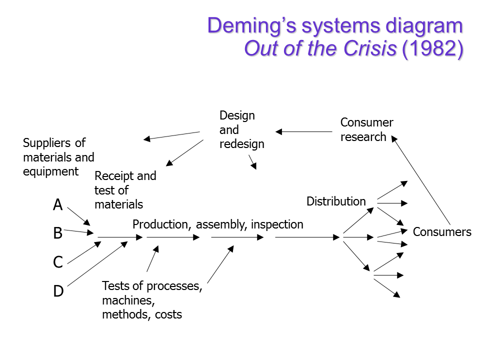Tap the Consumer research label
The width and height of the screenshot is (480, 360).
pos(366,129)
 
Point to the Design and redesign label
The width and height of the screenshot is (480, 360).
pos(241,129)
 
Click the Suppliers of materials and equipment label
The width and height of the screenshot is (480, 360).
pos(58,157)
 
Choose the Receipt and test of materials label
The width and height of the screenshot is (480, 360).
pos(125,190)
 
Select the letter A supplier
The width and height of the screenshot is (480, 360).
pos(58,204)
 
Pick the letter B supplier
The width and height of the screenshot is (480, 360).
pos(58,233)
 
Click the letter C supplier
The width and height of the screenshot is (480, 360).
pos(58,262)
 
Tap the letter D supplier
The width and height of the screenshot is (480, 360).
pos(58,291)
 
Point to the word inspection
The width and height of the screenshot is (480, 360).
pos(277,224)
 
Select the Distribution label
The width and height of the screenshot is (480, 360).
pos(336,201)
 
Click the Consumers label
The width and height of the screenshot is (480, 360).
pos(442,232)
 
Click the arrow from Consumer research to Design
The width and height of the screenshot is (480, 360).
pos(304,132)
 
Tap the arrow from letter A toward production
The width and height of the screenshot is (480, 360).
pos(78,216)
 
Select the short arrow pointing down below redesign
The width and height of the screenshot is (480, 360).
pos(252,162)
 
